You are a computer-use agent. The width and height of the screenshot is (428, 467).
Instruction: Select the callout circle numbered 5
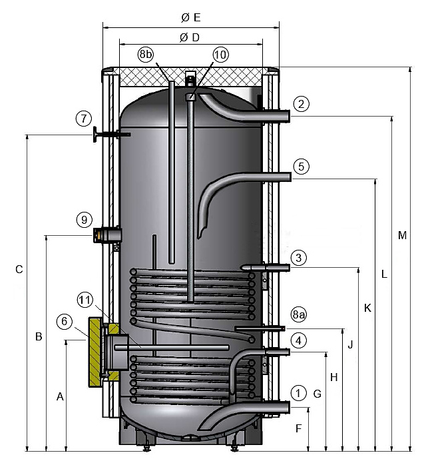301,166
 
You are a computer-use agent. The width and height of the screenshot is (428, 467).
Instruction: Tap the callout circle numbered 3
299,258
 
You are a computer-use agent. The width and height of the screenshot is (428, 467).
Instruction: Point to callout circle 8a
299,314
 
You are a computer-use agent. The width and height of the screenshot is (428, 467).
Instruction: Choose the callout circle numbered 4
299,340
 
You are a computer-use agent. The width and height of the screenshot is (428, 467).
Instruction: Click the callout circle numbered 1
299,393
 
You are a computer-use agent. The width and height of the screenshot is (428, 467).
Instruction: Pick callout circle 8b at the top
146,54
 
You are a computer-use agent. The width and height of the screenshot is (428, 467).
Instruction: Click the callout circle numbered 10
220,54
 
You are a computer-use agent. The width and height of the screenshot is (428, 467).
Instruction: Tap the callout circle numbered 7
83,119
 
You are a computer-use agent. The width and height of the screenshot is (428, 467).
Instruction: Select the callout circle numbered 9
83,219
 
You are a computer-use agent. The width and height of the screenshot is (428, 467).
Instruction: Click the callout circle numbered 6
65,321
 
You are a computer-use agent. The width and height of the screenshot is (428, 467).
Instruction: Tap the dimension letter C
19,269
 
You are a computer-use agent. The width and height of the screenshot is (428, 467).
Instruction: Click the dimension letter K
367,308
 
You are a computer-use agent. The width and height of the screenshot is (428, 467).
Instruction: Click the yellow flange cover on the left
95,353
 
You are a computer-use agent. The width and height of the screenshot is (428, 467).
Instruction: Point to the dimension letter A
60,396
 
